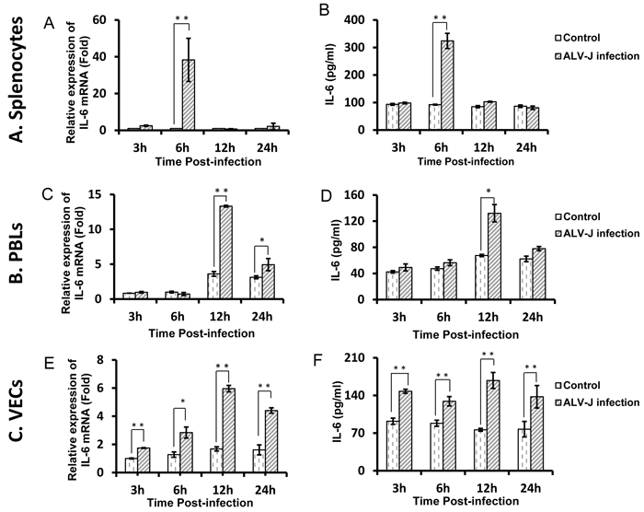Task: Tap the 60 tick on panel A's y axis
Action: (x=110, y=20)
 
